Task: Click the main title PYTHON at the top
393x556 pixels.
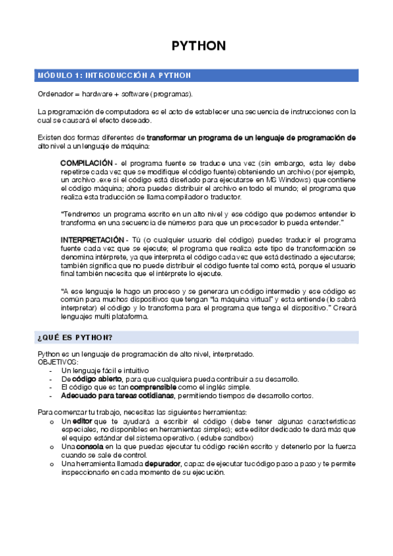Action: (198, 46)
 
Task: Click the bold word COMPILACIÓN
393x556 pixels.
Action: (86, 163)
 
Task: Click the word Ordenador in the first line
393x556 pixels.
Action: (54, 94)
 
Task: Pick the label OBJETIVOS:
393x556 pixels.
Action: (58, 362)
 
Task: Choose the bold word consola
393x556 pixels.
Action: (89, 447)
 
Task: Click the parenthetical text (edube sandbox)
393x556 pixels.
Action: (234, 437)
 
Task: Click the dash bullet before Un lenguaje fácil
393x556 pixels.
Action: (52, 370)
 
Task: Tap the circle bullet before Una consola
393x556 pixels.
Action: (52, 447)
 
